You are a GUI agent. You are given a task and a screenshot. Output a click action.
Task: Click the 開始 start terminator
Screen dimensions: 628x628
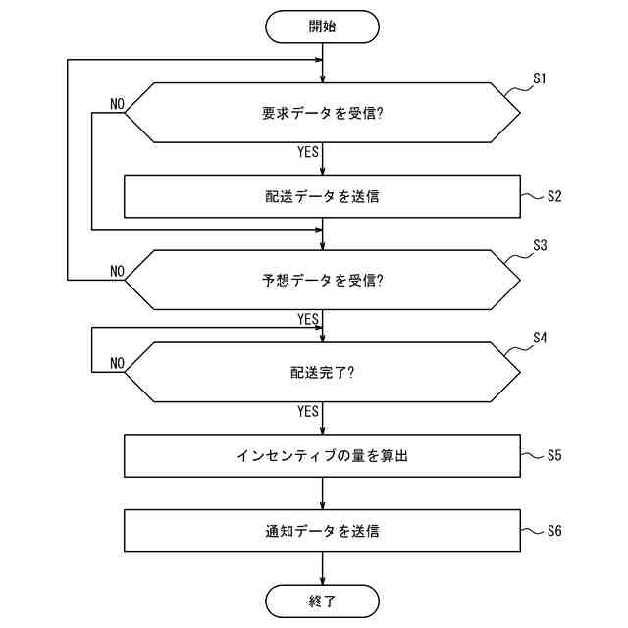(x=322, y=26)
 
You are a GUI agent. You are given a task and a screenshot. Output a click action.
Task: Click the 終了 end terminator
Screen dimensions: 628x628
(x=322, y=601)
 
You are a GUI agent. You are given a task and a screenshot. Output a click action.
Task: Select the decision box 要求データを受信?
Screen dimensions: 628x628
(x=322, y=113)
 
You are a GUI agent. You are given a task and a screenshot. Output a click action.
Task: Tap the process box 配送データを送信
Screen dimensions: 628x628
(x=322, y=196)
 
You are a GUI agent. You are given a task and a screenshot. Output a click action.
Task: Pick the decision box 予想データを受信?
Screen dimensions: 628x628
(x=322, y=280)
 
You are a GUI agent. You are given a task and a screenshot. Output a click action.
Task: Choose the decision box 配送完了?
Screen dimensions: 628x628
(x=322, y=372)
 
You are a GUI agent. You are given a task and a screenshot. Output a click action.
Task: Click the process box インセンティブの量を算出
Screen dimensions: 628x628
(x=322, y=455)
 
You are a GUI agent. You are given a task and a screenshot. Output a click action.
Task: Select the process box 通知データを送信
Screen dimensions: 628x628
(x=322, y=532)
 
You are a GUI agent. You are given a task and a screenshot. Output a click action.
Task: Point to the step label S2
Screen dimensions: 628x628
(x=554, y=196)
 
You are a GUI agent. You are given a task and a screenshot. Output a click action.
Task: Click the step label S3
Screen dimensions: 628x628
(x=539, y=245)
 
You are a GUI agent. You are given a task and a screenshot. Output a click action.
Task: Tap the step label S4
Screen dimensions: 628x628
(x=539, y=338)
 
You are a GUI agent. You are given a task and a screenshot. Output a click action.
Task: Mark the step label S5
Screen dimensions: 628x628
(x=554, y=455)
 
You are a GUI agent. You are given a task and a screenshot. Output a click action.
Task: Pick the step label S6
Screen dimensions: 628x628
(x=554, y=532)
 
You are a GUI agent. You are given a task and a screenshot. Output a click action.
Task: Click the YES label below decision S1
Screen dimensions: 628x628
(x=307, y=152)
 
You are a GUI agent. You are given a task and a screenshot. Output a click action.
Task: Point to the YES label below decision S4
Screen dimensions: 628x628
(x=307, y=411)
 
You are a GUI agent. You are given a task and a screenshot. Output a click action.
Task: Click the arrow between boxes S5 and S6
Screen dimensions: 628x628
(x=322, y=494)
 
